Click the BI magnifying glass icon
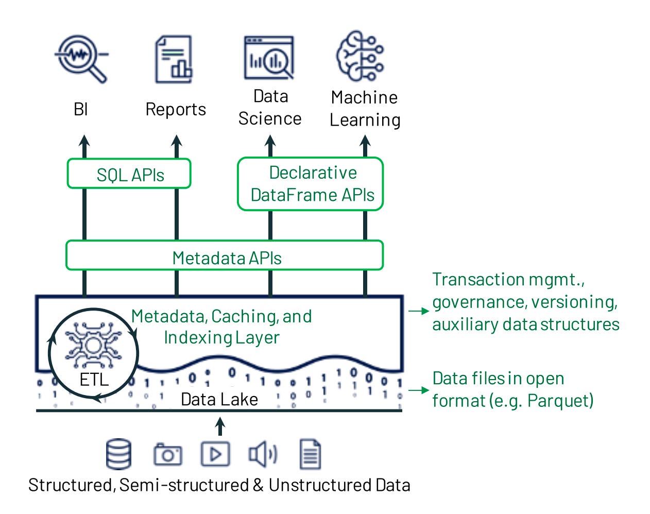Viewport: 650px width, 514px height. (81, 58)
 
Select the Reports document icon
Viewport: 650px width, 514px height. (174, 59)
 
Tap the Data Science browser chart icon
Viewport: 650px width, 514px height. (269, 57)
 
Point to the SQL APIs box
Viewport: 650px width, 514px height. (129, 175)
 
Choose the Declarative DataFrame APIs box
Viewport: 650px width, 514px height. (311, 184)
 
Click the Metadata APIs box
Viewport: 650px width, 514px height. (225, 256)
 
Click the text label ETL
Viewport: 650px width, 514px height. (94, 380)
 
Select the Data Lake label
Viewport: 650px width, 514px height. (219, 399)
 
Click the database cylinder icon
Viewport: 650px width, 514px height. (118, 454)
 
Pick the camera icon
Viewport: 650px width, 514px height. (167, 454)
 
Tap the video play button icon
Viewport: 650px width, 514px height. (215, 454)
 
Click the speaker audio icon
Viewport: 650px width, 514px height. (262, 454)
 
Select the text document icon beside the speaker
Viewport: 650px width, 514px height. (310, 454)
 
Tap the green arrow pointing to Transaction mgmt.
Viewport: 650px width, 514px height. (418, 311)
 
